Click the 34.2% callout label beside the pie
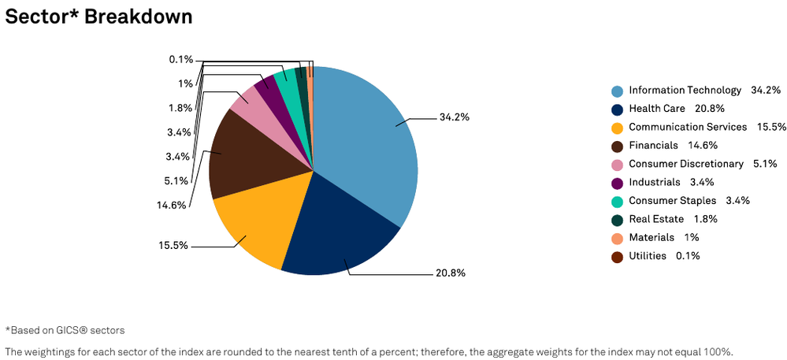[x=455, y=117]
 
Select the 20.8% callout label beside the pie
[x=451, y=273]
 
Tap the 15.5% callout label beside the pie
[x=173, y=246]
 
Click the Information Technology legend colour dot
[x=617, y=91]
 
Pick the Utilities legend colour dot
[x=617, y=257]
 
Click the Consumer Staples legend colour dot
[x=617, y=202]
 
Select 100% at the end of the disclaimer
[x=720, y=351]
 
